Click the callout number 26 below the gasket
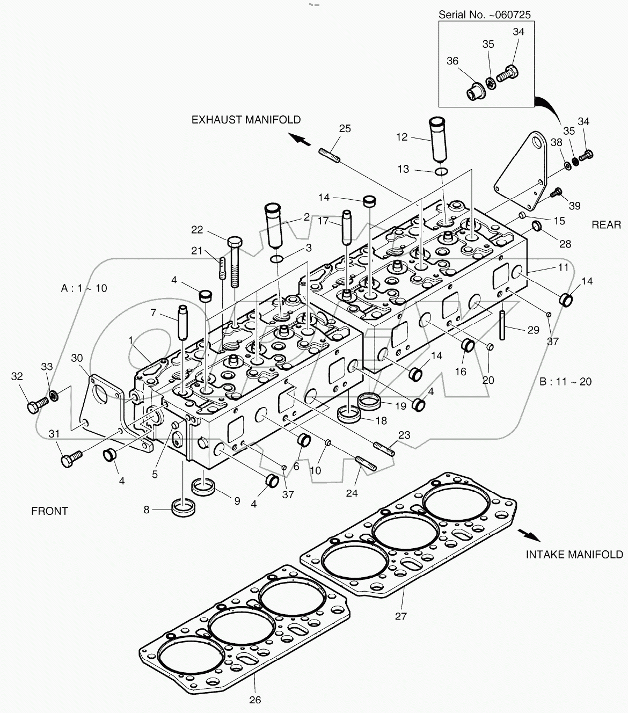coord(255,700)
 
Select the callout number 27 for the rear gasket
coord(401,616)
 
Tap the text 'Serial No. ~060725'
coord(484,14)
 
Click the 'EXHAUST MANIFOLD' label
coord(246,120)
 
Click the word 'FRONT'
coord(49,511)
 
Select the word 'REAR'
coord(606,225)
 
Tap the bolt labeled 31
coord(70,460)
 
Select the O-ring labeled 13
coord(441,171)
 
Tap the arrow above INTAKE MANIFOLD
coord(527,534)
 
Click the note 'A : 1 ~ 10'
coord(84,288)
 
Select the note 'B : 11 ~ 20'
coord(565,381)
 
